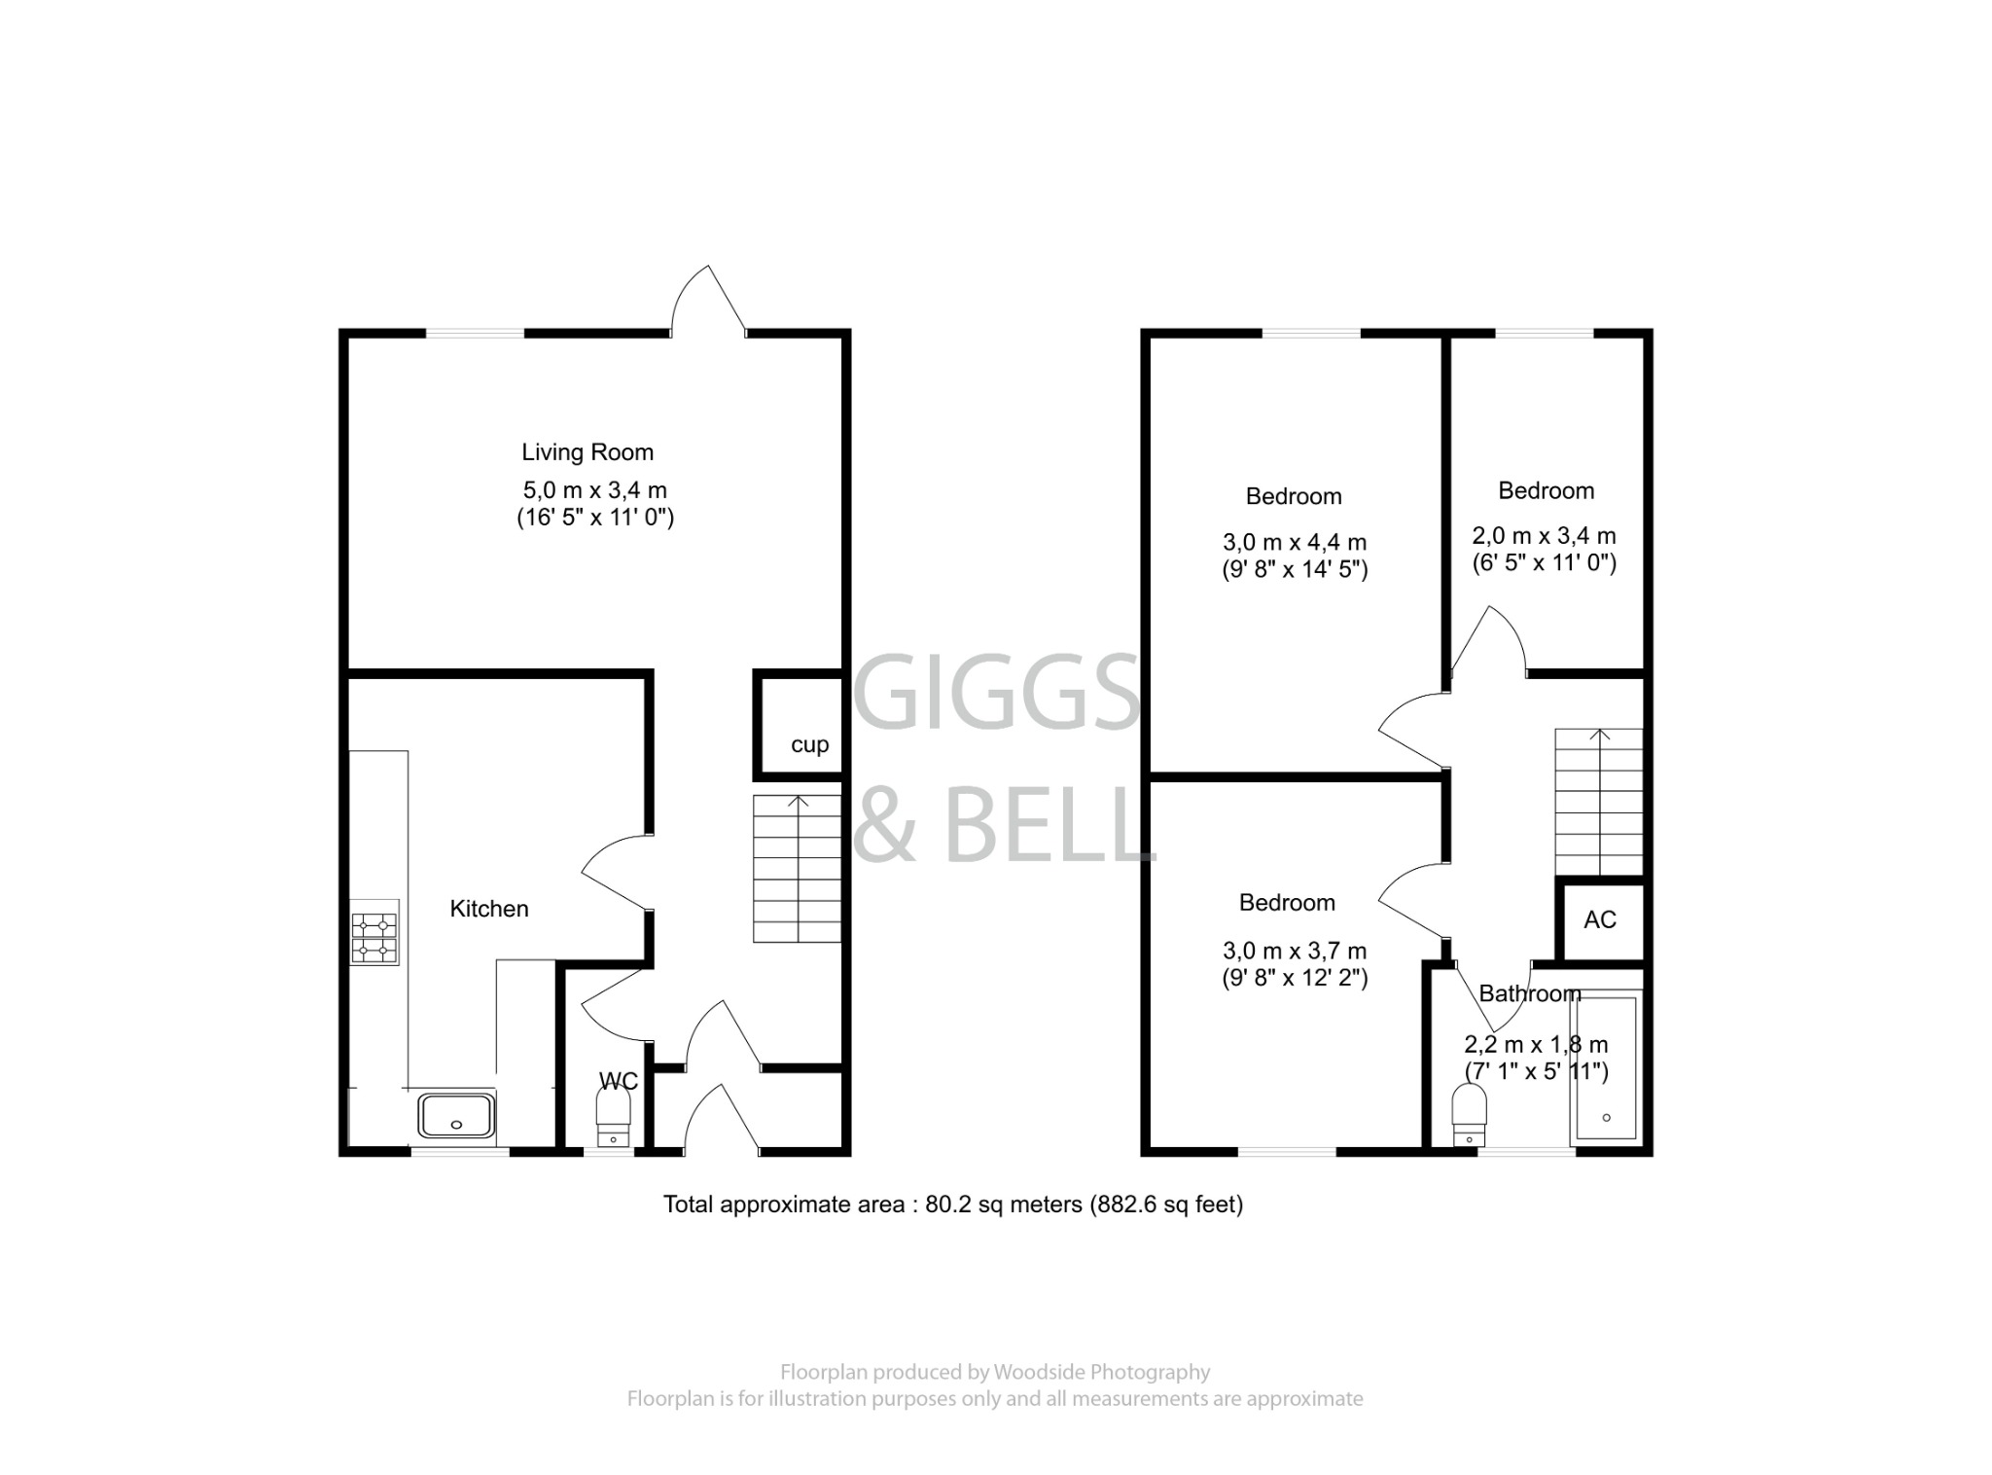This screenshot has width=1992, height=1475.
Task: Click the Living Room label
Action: [x=587, y=452]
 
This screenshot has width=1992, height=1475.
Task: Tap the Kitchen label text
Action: [x=489, y=909]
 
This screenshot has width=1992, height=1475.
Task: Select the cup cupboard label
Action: [x=809, y=744]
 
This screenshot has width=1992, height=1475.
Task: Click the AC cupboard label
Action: [x=1600, y=919]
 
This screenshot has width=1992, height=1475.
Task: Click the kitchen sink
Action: [x=457, y=1115]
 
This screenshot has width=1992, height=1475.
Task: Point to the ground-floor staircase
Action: [x=798, y=869]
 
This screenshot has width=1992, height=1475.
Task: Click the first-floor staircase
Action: [x=1598, y=802]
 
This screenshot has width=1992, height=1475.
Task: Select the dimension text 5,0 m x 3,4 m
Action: [x=595, y=490]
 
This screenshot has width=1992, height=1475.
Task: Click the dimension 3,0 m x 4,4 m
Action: [x=1295, y=542]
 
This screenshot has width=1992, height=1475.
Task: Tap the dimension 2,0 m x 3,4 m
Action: [x=1544, y=535]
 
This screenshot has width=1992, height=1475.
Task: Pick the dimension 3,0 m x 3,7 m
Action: [x=1295, y=951]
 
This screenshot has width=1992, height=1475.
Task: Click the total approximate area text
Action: [x=953, y=1205]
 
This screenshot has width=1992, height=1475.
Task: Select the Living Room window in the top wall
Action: [x=475, y=334]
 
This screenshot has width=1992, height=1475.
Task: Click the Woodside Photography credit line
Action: [x=995, y=1372]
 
